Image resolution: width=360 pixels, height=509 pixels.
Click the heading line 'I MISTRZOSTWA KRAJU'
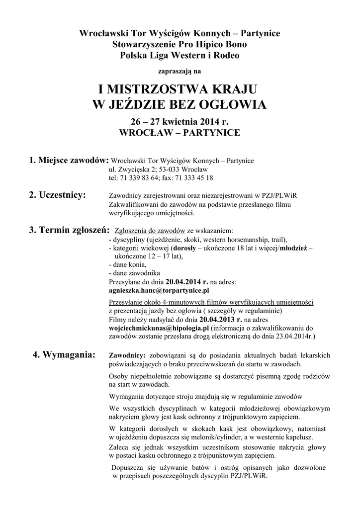pyautogui.click(x=180, y=90)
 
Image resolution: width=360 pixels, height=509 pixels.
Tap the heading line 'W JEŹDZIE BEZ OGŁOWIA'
pyautogui.click(x=180, y=105)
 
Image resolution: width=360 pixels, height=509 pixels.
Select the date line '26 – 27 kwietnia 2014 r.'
pyautogui.click(x=180, y=121)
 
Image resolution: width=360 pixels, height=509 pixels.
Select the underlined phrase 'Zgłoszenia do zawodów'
pyautogui.click(x=150, y=231)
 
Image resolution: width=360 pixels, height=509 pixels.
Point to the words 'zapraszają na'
pyautogui.click(x=180, y=71)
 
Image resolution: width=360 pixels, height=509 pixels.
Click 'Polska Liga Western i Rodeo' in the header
pyautogui.click(x=180, y=55)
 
